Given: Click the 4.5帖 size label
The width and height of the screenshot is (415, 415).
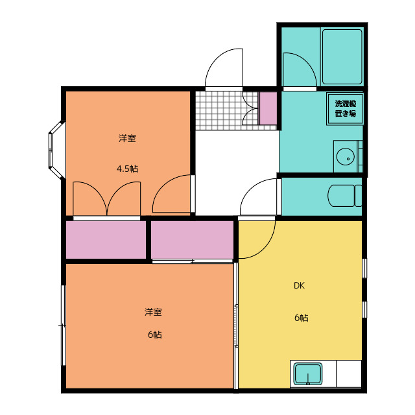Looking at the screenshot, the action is [x=127, y=169].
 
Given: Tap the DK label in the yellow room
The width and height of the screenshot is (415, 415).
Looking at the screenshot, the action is [x=299, y=285].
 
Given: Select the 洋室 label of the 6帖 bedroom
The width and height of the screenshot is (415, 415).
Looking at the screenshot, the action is [x=153, y=312].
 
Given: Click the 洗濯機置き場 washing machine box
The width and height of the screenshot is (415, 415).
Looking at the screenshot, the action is [x=345, y=108].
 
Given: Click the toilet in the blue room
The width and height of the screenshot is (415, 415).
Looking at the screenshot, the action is [x=344, y=196].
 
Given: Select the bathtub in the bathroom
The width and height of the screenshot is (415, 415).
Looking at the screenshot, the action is [x=342, y=56].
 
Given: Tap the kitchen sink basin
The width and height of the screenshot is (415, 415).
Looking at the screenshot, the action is [x=309, y=373].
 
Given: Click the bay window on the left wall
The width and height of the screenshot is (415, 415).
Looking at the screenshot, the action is [x=56, y=149].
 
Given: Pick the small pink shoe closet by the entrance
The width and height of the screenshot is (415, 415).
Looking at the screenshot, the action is [x=268, y=108].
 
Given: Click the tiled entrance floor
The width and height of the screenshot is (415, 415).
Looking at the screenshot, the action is [x=227, y=110].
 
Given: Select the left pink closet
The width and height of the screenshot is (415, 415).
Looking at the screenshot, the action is [x=106, y=239].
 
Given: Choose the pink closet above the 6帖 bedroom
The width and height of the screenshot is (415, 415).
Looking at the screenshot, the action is [x=192, y=239].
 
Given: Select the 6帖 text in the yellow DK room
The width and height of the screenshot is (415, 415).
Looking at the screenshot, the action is [x=301, y=318].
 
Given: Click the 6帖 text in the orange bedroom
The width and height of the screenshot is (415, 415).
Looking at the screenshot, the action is [x=155, y=335].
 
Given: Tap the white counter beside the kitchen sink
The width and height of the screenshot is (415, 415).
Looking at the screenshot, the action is [x=349, y=373].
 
